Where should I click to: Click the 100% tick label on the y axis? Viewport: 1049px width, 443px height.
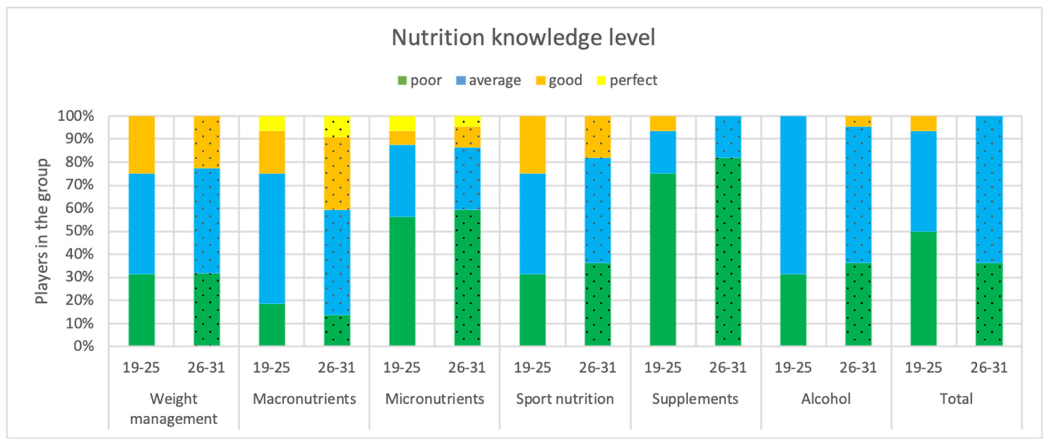point(76,116)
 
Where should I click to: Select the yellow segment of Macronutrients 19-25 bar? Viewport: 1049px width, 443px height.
point(272,123)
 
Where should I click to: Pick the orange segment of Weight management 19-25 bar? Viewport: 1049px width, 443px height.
point(142,145)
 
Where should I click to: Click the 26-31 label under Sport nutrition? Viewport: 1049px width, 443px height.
point(597,368)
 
